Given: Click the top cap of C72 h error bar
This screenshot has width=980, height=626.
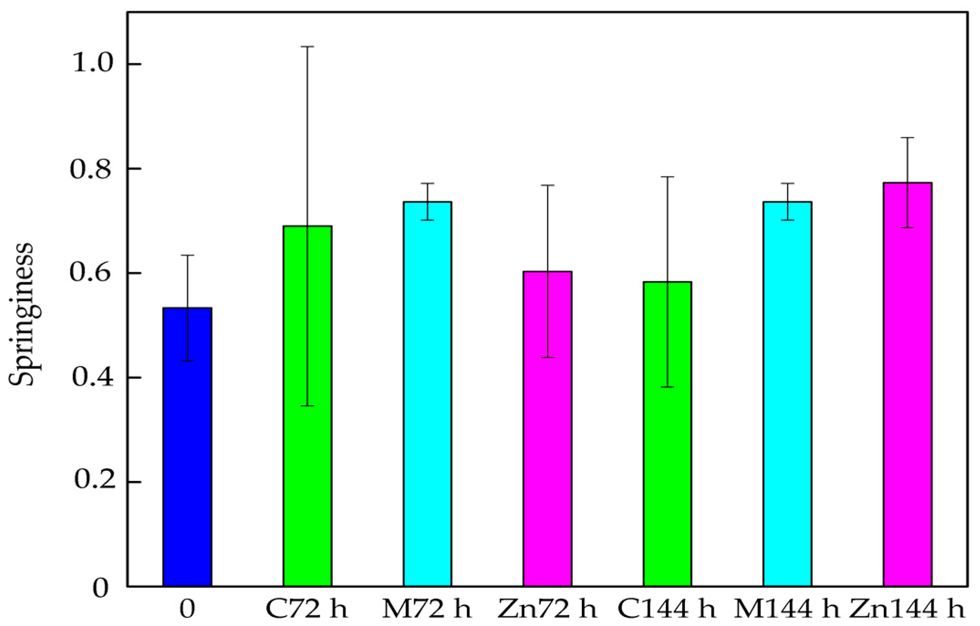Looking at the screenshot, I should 307,47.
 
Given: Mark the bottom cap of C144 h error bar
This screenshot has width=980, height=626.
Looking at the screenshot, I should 667,387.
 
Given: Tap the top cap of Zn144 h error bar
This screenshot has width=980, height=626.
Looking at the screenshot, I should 907,137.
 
